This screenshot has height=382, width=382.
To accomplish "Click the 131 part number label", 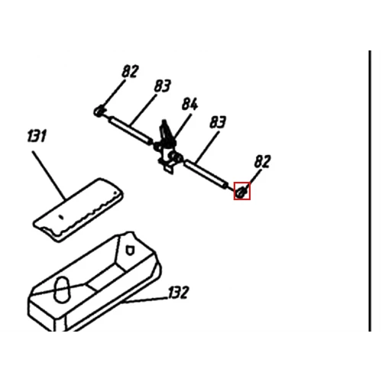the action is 37,136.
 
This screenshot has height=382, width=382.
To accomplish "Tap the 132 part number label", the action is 179,293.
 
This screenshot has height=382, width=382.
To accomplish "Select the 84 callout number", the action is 189,104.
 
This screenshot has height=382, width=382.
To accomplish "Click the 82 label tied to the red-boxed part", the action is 262,161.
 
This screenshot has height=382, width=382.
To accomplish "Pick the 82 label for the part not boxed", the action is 130,71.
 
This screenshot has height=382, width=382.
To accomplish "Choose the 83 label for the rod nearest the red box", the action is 218,122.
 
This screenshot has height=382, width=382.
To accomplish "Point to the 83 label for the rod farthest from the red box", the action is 162,86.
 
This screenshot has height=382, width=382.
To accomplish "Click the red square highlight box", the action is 242,191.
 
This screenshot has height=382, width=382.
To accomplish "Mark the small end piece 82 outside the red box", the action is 99,111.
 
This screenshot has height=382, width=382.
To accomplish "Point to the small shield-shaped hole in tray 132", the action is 130,251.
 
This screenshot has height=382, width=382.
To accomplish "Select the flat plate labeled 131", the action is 79,210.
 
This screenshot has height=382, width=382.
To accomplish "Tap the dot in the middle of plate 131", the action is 60,217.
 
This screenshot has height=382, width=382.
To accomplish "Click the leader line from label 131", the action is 49,175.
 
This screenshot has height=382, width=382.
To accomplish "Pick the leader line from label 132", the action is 145,299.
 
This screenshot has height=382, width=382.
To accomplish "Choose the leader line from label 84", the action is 182,127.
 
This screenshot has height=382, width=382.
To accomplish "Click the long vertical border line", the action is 370,191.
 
